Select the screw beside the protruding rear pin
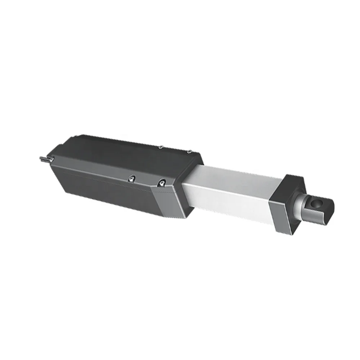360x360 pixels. (x=52, y=159)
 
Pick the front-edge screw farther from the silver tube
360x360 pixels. (x=132, y=177)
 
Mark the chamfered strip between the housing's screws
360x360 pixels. (x=108, y=171)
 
